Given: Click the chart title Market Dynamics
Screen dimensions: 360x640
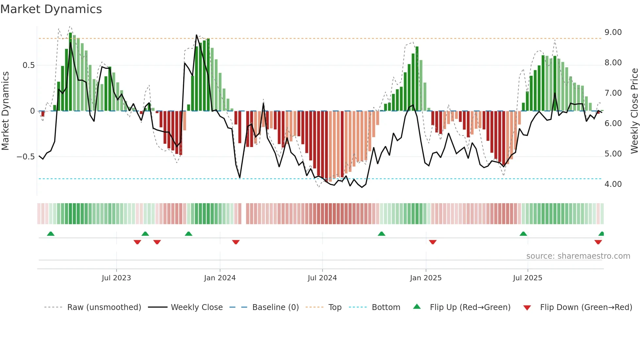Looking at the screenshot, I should click(51, 9).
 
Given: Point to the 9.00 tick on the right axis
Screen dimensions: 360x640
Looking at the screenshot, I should click(613, 32).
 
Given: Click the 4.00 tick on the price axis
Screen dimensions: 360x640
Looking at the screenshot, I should click(613, 184).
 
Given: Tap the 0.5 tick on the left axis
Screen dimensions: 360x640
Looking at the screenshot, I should click(28, 65).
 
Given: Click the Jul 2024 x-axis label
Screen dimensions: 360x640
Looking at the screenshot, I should click(322, 278).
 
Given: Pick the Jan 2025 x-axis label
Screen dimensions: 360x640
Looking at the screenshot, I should click(425, 278).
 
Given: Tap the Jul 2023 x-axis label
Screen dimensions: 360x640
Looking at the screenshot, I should click(116, 278).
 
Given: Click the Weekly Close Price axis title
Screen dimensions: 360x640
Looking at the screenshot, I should click(634, 111).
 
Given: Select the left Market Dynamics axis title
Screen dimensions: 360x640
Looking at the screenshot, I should click(5, 111).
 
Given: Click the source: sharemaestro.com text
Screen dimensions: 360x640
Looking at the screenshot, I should click(578, 256).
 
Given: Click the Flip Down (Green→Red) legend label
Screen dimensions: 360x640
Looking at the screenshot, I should click(586, 307).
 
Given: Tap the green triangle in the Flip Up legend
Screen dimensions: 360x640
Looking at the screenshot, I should click(417, 307).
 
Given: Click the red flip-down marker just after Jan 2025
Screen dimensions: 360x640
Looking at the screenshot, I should click(433, 242).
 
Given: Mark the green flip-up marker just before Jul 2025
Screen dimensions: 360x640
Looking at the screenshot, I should click(523, 234).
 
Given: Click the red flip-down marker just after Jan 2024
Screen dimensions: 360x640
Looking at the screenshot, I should click(236, 242).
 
